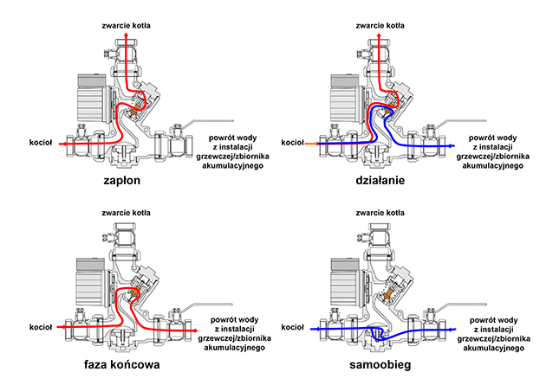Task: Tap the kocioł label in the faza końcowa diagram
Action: click(40, 329)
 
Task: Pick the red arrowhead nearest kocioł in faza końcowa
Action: click(62, 329)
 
